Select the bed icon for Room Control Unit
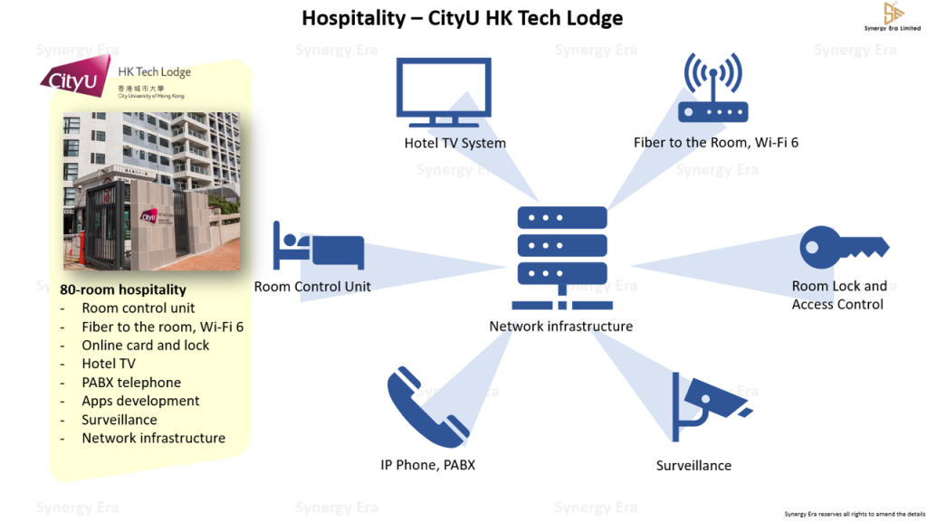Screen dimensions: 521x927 tap(319, 245)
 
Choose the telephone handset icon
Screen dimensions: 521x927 tap(428, 408)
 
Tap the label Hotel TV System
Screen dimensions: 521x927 tap(454, 143)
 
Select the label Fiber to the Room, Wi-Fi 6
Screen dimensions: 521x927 tap(715, 142)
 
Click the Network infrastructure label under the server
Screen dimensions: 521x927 tap(560, 326)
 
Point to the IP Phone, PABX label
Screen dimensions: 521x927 tap(427, 465)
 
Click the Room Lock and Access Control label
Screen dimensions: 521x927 tap(838, 295)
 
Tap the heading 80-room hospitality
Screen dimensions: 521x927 tap(123, 289)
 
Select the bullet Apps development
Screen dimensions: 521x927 tap(140, 401)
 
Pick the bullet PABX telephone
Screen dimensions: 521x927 tap(131, 383)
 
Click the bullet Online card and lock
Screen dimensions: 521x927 tap(145, 345)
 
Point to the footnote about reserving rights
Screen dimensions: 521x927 tap(849, 513)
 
